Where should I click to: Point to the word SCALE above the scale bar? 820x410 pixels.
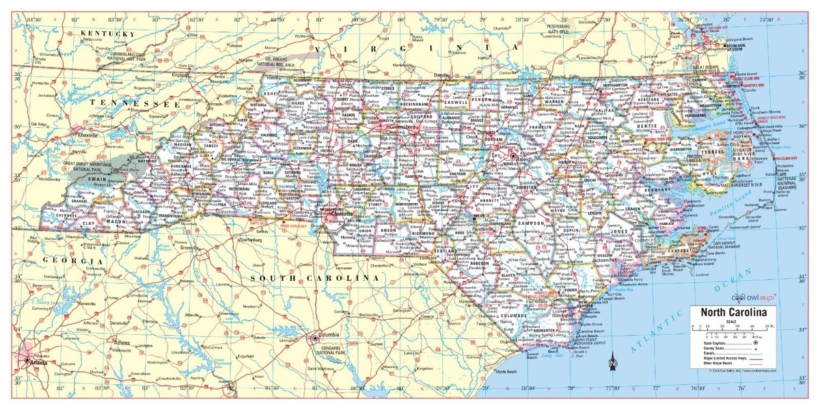pos(731,322)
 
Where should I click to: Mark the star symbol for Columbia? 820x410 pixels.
pos(314,338)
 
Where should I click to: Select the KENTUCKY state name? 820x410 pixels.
pos(107,33)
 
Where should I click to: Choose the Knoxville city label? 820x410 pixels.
pos(88,135)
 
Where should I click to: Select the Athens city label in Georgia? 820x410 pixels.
pos(122,342)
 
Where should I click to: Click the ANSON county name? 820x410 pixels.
pos(387,231)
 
